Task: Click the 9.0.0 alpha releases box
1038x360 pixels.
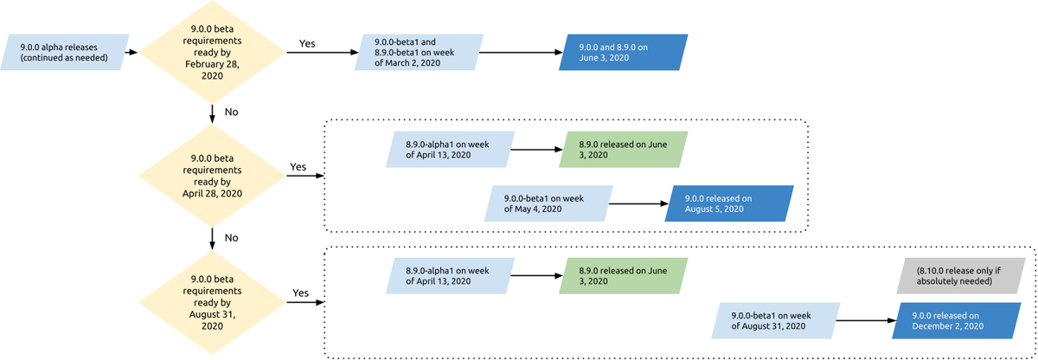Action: (67, 52)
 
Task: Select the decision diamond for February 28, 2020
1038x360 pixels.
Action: (212, 52)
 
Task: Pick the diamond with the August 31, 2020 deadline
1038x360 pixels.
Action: (212, 303)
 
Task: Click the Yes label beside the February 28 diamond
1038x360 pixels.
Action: (307, 42)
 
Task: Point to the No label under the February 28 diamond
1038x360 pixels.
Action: (231, 112)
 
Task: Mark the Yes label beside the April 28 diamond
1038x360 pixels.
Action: (298, 166)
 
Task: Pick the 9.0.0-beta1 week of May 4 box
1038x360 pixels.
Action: (548, 203)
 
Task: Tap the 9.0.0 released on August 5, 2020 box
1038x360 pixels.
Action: (729, 203)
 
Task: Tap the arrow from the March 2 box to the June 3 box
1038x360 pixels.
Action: (518, 52)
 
